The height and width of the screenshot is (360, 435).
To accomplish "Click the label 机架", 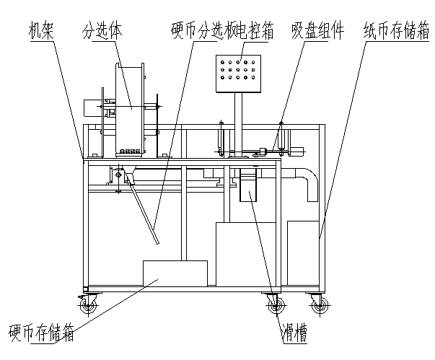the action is tap(41, 31).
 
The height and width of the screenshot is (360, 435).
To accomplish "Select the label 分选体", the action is tap(102, 30).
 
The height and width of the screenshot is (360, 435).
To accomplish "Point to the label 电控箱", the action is tap(255, 31).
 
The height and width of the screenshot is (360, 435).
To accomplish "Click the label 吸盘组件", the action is tap(317, 30).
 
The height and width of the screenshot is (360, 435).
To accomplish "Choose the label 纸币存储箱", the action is tap(397, 30).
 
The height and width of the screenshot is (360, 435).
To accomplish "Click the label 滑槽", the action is tap(294, 333).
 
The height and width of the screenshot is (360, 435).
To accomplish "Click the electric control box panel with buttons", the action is tap(238, 74).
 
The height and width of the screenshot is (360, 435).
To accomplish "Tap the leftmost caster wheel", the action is tap(88, 306).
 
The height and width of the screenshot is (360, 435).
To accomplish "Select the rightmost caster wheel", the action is tap(320, 306).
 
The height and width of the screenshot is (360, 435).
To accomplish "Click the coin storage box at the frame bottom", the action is tap(175, 273).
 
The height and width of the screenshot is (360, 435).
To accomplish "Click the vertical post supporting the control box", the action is tap(238, 125).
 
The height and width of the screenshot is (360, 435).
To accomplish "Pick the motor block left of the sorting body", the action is tap(92, 108).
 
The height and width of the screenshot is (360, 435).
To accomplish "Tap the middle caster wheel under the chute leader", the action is tap(275, 306).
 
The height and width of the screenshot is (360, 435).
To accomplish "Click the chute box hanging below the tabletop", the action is tap(248, 184).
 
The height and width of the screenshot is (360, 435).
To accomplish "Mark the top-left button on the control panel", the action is tap(222, 62).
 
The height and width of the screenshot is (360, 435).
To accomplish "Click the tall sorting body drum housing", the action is tap(130, 109).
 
